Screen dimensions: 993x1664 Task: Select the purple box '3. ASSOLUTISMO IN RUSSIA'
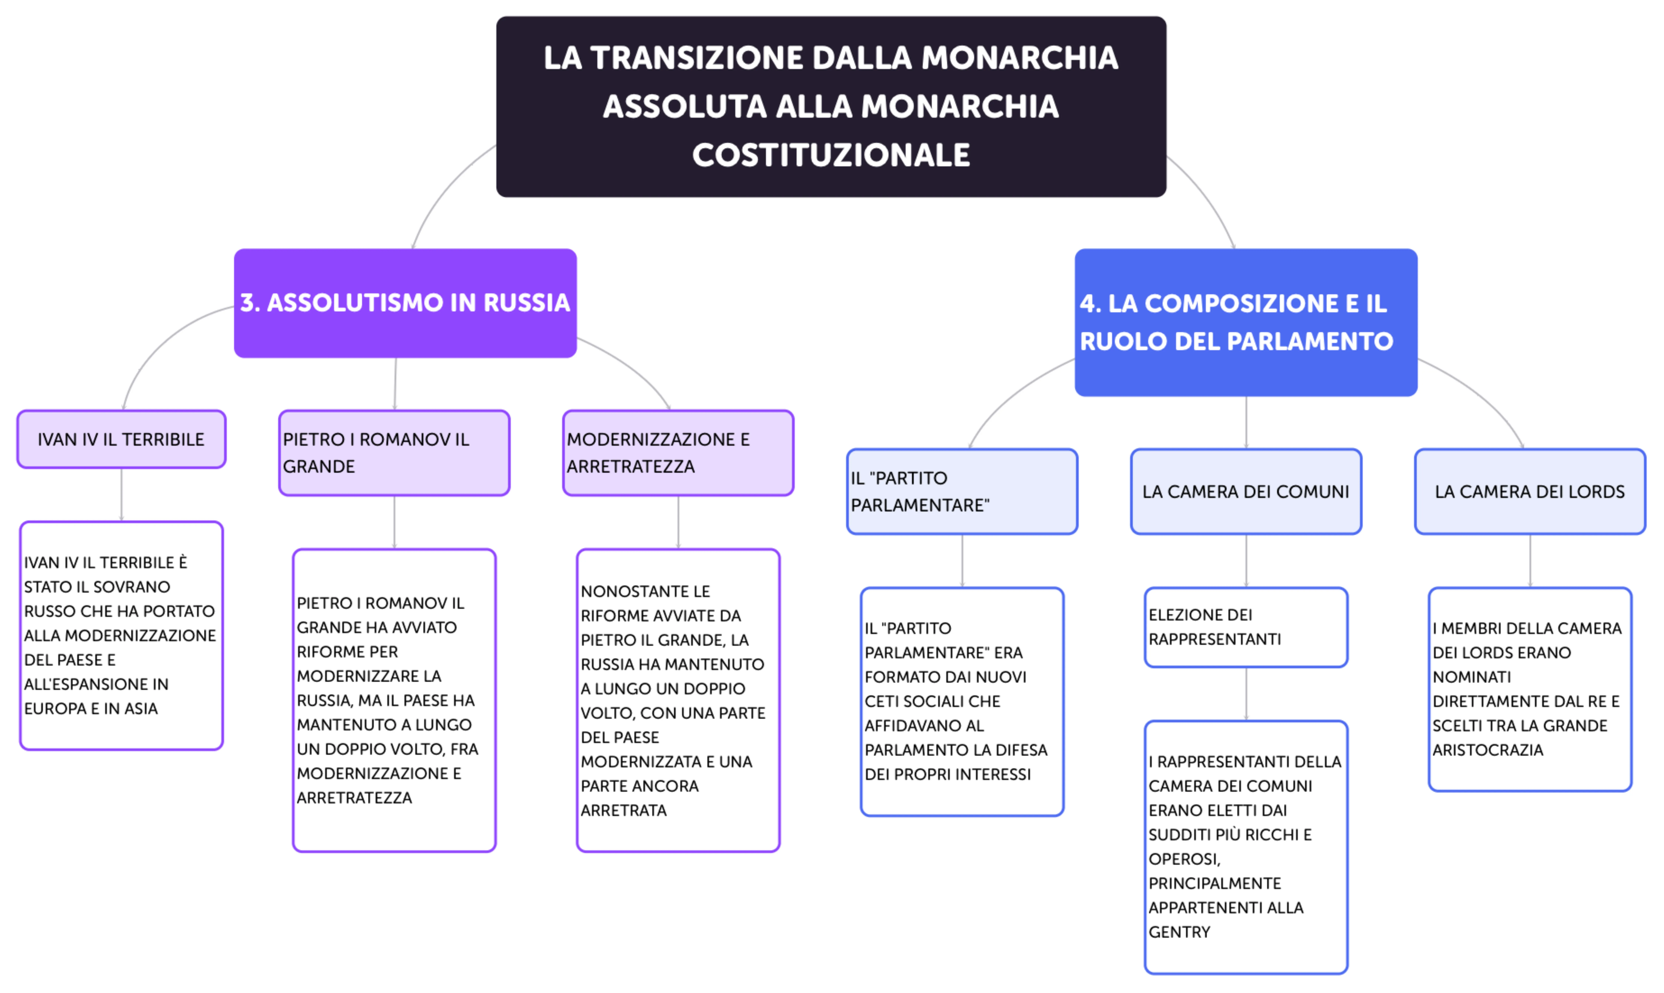pos(405,303)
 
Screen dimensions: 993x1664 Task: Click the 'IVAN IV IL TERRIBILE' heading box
pos(121,440)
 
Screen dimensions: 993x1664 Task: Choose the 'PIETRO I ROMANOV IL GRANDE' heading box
pos(394,453)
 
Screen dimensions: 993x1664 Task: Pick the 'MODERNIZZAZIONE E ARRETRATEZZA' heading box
pos(678,453)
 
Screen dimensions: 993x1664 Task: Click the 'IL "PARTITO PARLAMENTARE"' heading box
pos(962,492)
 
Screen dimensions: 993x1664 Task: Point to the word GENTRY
pos(1179,932)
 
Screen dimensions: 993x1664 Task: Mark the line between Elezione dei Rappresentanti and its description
pos(1246,694)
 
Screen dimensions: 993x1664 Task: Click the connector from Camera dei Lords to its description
pos(1530,561)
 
